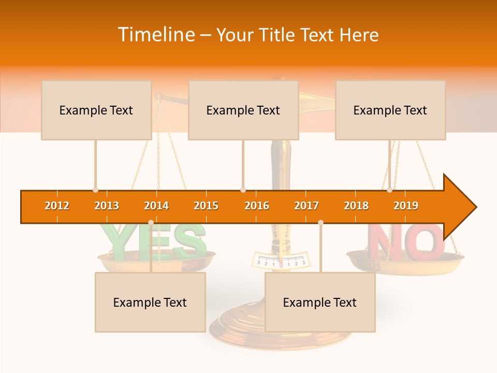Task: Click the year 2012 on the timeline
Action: pyautogui.click(x=57, y=206)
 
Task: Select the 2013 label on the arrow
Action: pyautogui.click(x=107, y=206)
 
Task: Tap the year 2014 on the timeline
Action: pyautogui.click(x=156, y=206)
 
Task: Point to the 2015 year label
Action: pyautogui.click(x=206, y=206)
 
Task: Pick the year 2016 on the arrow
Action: pyautogui.click(x=257, y=206)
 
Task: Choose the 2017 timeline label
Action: pyautogui.click(x=306, y=206)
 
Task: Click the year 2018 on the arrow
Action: pyautogui.click(x=356, y=206)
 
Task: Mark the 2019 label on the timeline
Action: pyautogui.click(x=406, y=206)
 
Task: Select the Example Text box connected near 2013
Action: pyautogui.click(x=96, y=110)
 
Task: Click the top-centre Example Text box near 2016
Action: pyautogui.click(x=243, y=110)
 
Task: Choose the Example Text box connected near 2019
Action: pyautogui.click(x=390, y=110)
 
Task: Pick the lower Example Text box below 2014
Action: pyautogui.click(x=150, y=302)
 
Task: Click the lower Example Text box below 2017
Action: pyautogui.click(x=320, y=302)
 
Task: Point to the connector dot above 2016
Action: pyautogui.click(x=243, y=190)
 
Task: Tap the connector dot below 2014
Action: pyautogui.click(x=151, y=222)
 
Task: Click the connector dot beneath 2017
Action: pyautogui.click(x=320, y=222)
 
